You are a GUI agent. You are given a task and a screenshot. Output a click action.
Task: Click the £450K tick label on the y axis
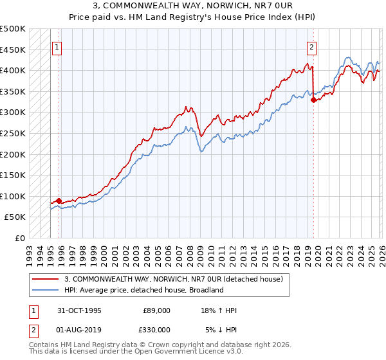[x=13, y=50]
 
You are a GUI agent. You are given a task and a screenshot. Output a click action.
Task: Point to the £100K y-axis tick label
[x=13, y=196]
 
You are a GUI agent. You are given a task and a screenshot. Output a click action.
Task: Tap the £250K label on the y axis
[x=13, y=133]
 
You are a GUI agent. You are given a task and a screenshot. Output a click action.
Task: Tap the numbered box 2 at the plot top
[x=312, y=47]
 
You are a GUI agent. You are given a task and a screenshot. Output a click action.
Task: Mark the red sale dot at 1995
[x=59, y=201]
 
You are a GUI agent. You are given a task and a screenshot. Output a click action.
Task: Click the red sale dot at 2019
[x=313, y=100]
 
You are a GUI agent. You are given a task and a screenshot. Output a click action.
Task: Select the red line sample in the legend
[x=46, y=278]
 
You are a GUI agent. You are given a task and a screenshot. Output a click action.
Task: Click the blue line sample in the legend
[x=46, y=290]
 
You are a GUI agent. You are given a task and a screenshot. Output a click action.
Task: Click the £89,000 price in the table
[x=156, y=310]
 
